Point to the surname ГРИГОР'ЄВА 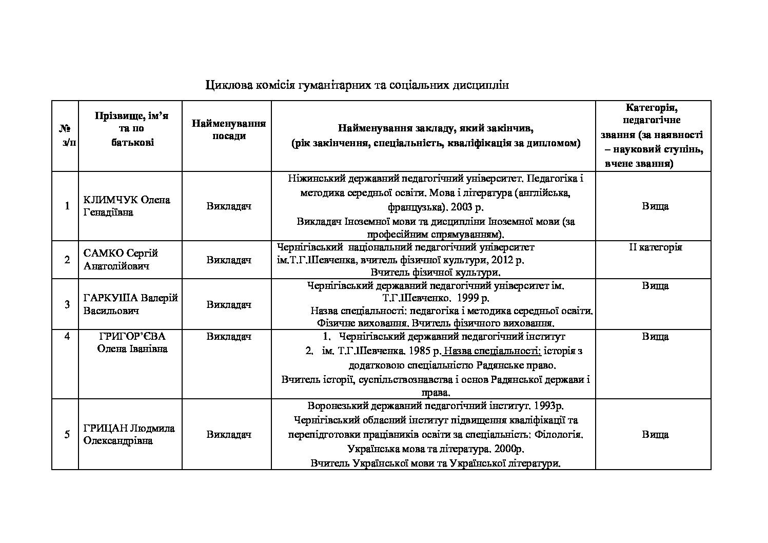click(x=132, y=336)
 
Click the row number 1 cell click(x=67, y=206)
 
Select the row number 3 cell click(x=67, y=304)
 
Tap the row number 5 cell click(x=67, y=434)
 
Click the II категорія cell click(x=655, y=247)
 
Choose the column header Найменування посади click(x=229, y=130)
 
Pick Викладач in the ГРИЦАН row click(x=229, y=434)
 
